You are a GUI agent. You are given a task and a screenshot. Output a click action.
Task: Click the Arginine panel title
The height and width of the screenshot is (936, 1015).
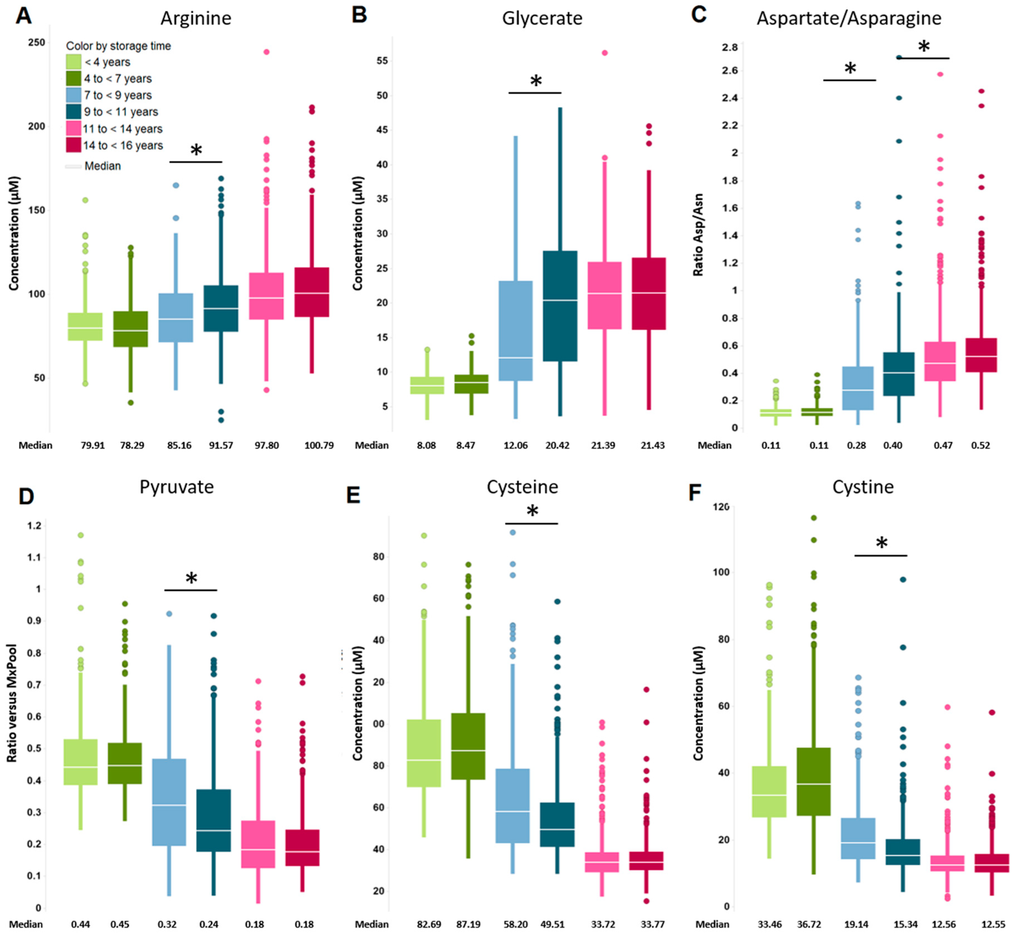pos(196,18)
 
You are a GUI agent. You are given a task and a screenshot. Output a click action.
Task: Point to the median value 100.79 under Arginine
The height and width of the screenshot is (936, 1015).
pos(319,445)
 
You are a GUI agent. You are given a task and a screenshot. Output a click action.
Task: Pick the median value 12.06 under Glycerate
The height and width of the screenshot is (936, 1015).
pos(516,445)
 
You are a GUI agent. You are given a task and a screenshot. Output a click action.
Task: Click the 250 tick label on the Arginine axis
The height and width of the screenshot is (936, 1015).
pos(36,43)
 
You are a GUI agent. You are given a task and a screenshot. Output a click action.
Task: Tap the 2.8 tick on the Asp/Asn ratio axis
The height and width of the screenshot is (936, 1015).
pos(730,48)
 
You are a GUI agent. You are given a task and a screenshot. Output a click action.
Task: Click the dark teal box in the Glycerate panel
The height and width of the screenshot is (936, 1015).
pos(560,306)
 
